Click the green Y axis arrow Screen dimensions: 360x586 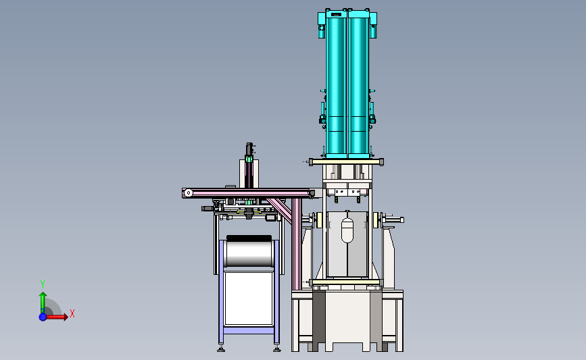click(42, 300)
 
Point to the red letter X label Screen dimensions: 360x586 click(72, 313)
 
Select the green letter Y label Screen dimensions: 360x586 click(42, 284)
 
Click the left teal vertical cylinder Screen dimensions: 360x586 click(336, 81)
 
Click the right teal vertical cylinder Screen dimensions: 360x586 click(359, 81)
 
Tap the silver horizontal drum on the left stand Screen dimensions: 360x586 click(248, 254)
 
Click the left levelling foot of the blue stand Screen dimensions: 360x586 click(222, 349)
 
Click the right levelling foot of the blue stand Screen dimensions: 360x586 click(276, 349)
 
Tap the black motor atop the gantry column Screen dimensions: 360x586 click(249, 149)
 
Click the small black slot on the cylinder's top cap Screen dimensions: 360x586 click(336, 14)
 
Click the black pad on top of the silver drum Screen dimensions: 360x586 click(249, 238)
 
